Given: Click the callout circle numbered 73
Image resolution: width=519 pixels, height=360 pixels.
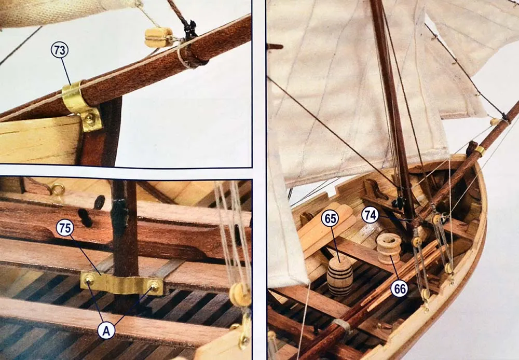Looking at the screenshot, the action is (60, 50).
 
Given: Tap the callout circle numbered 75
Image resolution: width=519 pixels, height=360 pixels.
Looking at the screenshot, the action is (65, 228).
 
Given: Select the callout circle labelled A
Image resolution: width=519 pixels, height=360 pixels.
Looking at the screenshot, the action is (106, 330).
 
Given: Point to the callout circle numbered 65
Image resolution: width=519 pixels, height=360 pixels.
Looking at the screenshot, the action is (330, 219).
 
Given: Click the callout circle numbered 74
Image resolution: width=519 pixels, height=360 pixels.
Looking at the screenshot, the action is (370, 215).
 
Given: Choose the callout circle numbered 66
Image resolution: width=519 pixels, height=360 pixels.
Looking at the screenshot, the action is (400, 289).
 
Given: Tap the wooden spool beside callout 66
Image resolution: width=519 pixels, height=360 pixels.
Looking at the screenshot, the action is (389, 248).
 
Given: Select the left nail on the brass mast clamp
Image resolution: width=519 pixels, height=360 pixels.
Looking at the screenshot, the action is (89, 280).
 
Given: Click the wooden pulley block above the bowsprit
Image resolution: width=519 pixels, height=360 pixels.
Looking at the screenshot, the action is (158, 37).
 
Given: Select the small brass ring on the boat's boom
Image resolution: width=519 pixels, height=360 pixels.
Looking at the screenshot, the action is (479, 151).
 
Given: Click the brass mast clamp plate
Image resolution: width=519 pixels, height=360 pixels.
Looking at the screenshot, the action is (122, 284).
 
